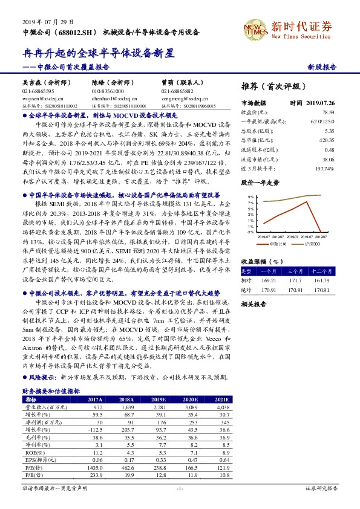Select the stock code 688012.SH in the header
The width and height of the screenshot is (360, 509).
pos(82,31)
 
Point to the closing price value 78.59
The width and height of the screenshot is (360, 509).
pos(327,112)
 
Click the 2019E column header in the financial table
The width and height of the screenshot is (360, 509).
pos(160,400)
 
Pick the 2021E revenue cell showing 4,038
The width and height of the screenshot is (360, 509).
pos(218,407)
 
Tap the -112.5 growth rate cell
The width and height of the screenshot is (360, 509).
pos(95,429)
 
